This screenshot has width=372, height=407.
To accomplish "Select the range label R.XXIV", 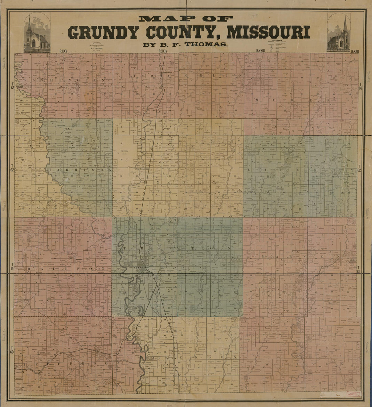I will coord(163,51).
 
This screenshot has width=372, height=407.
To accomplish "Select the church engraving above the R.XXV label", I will coord(37,33).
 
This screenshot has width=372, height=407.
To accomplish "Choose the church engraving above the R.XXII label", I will coord(338,33).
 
